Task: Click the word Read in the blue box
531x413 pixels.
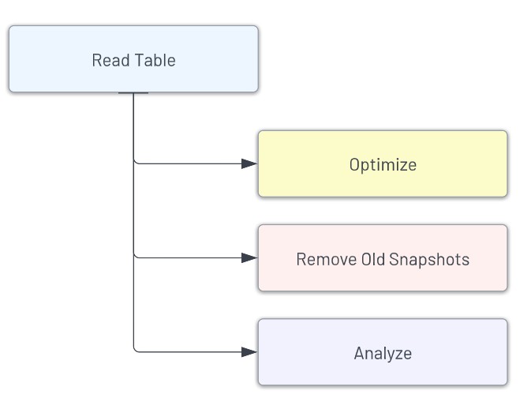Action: click(111, 60)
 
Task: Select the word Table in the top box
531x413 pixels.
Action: click(155, 60)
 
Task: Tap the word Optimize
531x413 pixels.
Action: click(383, 165)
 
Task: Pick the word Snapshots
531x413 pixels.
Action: click(429, 260)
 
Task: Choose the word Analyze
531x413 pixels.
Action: click(383, 354)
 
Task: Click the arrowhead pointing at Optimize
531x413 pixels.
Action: click(249, 163)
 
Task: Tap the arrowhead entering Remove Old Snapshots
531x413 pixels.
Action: click(249, 257)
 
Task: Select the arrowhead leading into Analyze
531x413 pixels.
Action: click(249, 352)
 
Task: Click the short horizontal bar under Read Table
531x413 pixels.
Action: click(133, 92)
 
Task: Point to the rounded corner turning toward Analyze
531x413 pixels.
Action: click(135, 350)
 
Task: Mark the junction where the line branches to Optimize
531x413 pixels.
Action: click(134, 160)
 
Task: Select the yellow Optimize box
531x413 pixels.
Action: click(383, 163)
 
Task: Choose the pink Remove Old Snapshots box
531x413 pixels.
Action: click(383, 257)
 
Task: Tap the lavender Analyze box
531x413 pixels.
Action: click(383, 352)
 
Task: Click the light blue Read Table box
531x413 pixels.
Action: click(134, 58)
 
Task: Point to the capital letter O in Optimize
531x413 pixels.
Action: click(354, 165)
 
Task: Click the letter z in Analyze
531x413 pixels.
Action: click(398, 355)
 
